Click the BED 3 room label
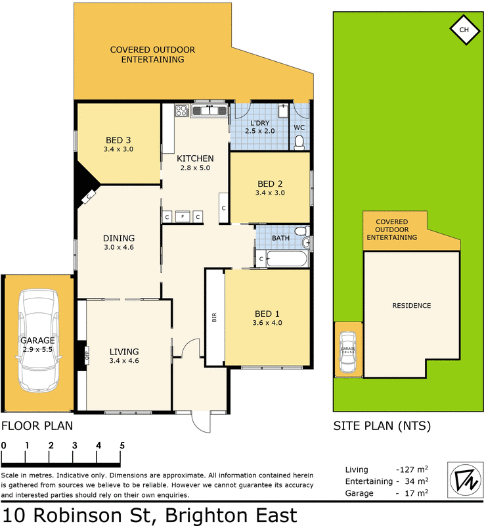pos(119,140)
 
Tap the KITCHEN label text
pos(195,158)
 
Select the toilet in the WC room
pos(299,141)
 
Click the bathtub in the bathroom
pos(288,260)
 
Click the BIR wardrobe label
pos(214,317)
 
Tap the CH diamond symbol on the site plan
pos(464,30)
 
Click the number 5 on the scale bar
pos(122,445)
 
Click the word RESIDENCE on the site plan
pos(412,306)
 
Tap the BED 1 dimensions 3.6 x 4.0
pos(267,323)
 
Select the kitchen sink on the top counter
pos(209,111)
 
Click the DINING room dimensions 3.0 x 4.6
pos(119,248)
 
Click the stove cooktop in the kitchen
pos(181,111)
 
